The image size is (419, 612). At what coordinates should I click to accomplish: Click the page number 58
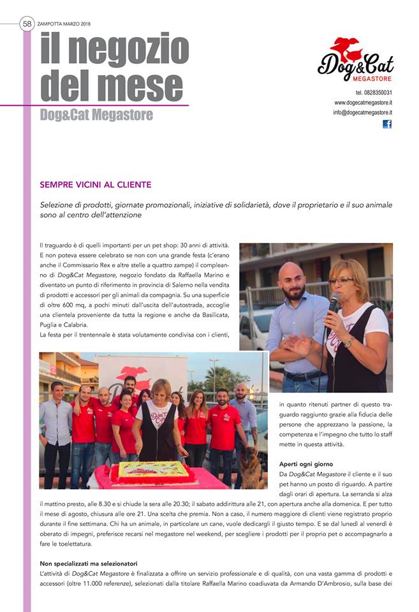[x=27, y=24]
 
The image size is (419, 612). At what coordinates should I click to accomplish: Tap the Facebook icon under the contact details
[x=387, y=124]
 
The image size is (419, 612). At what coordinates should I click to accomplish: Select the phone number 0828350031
[x=374, y=93]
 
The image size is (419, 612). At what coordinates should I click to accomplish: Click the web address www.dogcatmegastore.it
[x=363, y=103]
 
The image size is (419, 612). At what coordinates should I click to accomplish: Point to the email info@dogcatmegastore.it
[x=362, y=112]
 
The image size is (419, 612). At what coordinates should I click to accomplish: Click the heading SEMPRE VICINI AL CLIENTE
[x=96, y=185]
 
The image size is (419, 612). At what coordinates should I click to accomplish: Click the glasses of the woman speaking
[x=341, y=280]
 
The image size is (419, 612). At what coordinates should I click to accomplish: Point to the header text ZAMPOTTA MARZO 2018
[x=64, y=24]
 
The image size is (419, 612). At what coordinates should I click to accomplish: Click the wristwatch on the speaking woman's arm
[x=348, y=342]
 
